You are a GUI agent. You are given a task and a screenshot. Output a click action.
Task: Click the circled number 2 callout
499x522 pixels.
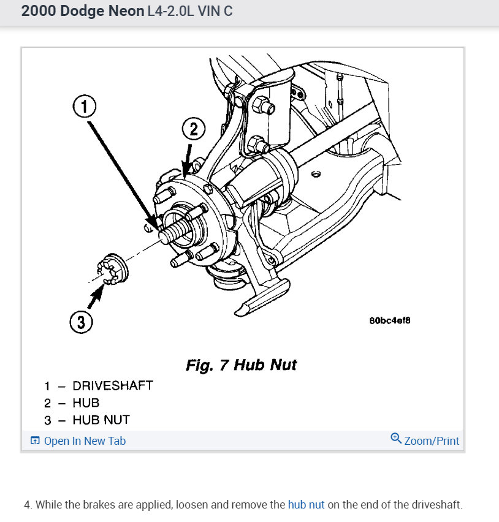(193, 129)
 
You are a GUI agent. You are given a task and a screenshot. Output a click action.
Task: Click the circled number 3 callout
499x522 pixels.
(80, 321)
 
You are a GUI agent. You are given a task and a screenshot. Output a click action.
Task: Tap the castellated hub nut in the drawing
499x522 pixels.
(113, 268)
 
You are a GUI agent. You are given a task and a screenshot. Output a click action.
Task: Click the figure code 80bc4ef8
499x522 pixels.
(390, 320)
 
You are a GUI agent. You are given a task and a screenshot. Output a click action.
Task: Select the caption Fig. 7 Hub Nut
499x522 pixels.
(241, 365)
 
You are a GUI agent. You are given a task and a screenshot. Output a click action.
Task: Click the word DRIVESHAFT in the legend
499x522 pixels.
(113, 386)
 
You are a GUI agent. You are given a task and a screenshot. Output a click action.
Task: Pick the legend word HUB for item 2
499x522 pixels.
(86, 403)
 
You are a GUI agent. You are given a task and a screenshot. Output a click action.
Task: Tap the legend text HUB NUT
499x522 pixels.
(101, 420)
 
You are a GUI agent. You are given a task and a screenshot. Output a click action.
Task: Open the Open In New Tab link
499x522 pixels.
(85, 441)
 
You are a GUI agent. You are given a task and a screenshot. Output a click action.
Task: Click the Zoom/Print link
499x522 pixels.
(432, 441)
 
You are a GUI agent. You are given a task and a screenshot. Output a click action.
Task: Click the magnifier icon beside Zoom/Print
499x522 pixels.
(396, 439)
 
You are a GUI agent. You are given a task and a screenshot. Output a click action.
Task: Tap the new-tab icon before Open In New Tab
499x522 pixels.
(35, 441)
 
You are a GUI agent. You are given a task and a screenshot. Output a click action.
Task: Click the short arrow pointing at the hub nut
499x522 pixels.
(96, 299)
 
